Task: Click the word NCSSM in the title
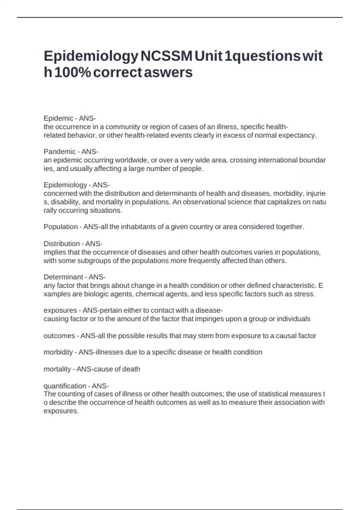pos(166,56)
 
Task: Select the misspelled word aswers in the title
pos(168,72)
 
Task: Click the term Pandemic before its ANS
pos(60,151)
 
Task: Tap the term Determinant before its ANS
pos(63,277)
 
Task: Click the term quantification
pos(65,386)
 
